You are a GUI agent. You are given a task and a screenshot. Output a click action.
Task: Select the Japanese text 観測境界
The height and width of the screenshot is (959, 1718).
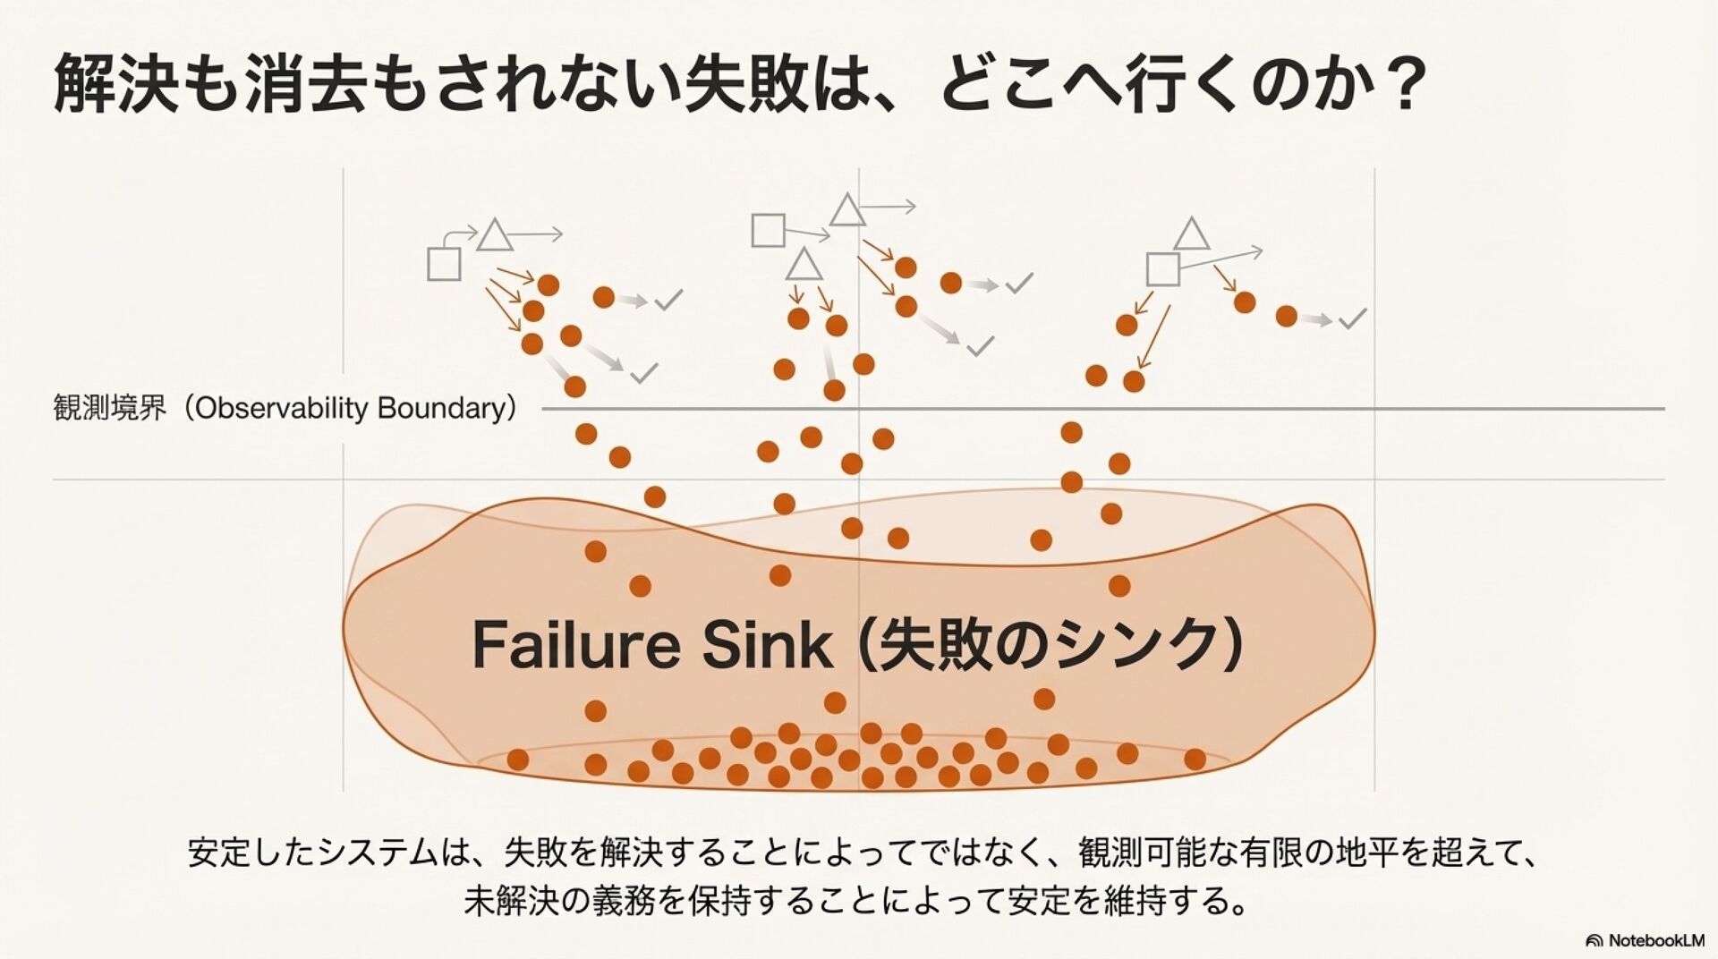[x=109, y=408]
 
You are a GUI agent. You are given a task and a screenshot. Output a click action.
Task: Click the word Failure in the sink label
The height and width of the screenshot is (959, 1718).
[x=575, y=645]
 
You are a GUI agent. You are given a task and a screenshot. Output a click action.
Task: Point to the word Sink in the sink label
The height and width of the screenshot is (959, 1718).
[x=766, y=645]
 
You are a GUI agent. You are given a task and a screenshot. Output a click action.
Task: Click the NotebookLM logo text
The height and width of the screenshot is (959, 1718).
[x=1655, y=940]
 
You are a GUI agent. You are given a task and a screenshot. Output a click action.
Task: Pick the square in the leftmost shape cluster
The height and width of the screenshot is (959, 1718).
[x=444, y=264]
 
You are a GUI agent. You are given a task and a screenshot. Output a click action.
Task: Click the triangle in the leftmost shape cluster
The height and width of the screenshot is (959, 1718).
[x=494, y=236]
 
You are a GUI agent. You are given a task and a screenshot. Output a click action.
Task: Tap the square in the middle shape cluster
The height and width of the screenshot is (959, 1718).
[x=768, y=230]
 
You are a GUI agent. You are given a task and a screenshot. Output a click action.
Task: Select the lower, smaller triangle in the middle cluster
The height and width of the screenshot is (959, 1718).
[x=804, y=266]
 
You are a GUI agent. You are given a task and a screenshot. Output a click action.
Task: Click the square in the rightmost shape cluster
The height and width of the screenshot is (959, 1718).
[x=1162, y=268]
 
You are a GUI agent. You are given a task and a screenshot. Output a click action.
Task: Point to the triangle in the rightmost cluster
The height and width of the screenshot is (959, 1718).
[x=1191, y=235]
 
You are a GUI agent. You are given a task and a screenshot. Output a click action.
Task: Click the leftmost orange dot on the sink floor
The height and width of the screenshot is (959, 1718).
[x=518, y=760]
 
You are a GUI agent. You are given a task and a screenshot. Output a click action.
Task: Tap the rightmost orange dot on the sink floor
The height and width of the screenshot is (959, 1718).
[x=1195, y=760]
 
